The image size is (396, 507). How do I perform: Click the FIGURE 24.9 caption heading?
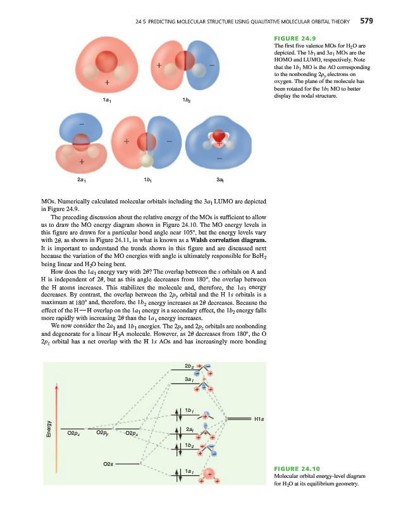(290, 37)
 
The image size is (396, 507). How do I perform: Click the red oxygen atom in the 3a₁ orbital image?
(217, 135)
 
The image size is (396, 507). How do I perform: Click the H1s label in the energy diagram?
(259, 418)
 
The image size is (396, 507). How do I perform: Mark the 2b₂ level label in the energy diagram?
(189, 366)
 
